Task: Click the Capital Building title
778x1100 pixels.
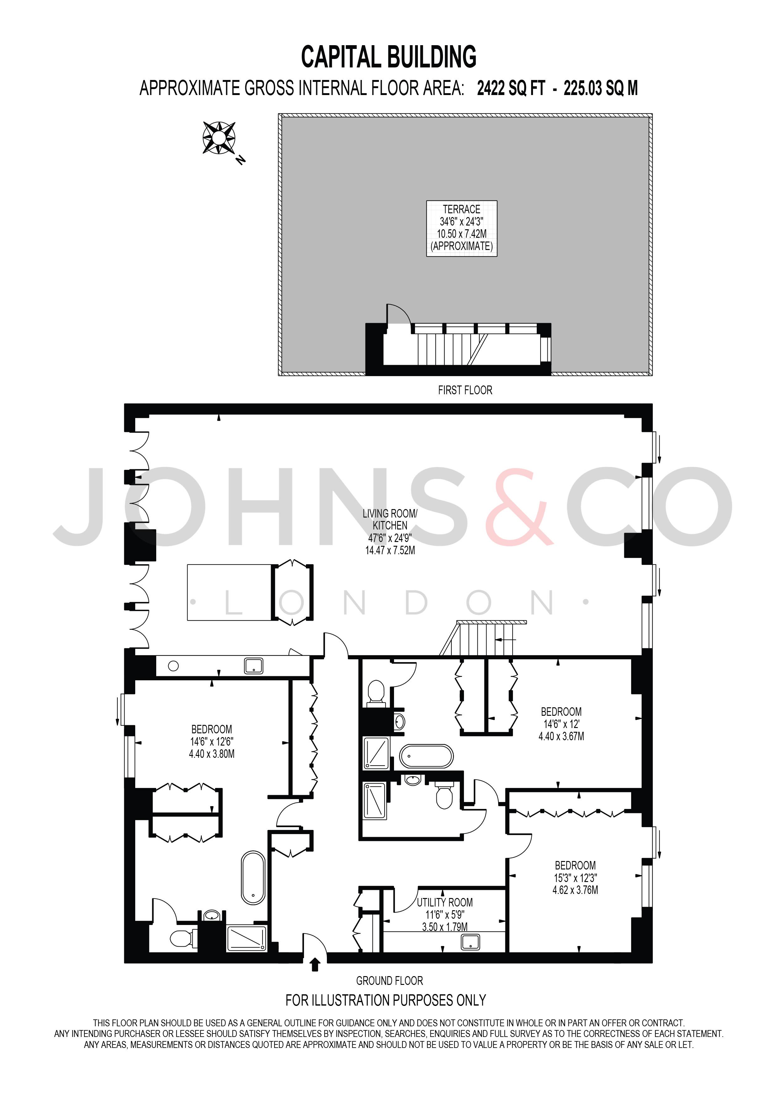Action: point(388,57)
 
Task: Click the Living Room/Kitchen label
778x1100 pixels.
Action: point(390,519)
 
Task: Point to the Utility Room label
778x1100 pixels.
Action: point(445,902)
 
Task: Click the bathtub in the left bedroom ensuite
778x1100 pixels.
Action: point(253,878)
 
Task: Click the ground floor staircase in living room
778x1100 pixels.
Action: point(483,638)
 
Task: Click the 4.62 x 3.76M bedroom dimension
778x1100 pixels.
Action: point(575,890)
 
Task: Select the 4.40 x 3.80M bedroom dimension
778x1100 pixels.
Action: point(212,754)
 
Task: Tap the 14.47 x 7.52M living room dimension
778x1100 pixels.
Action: point(390,550)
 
